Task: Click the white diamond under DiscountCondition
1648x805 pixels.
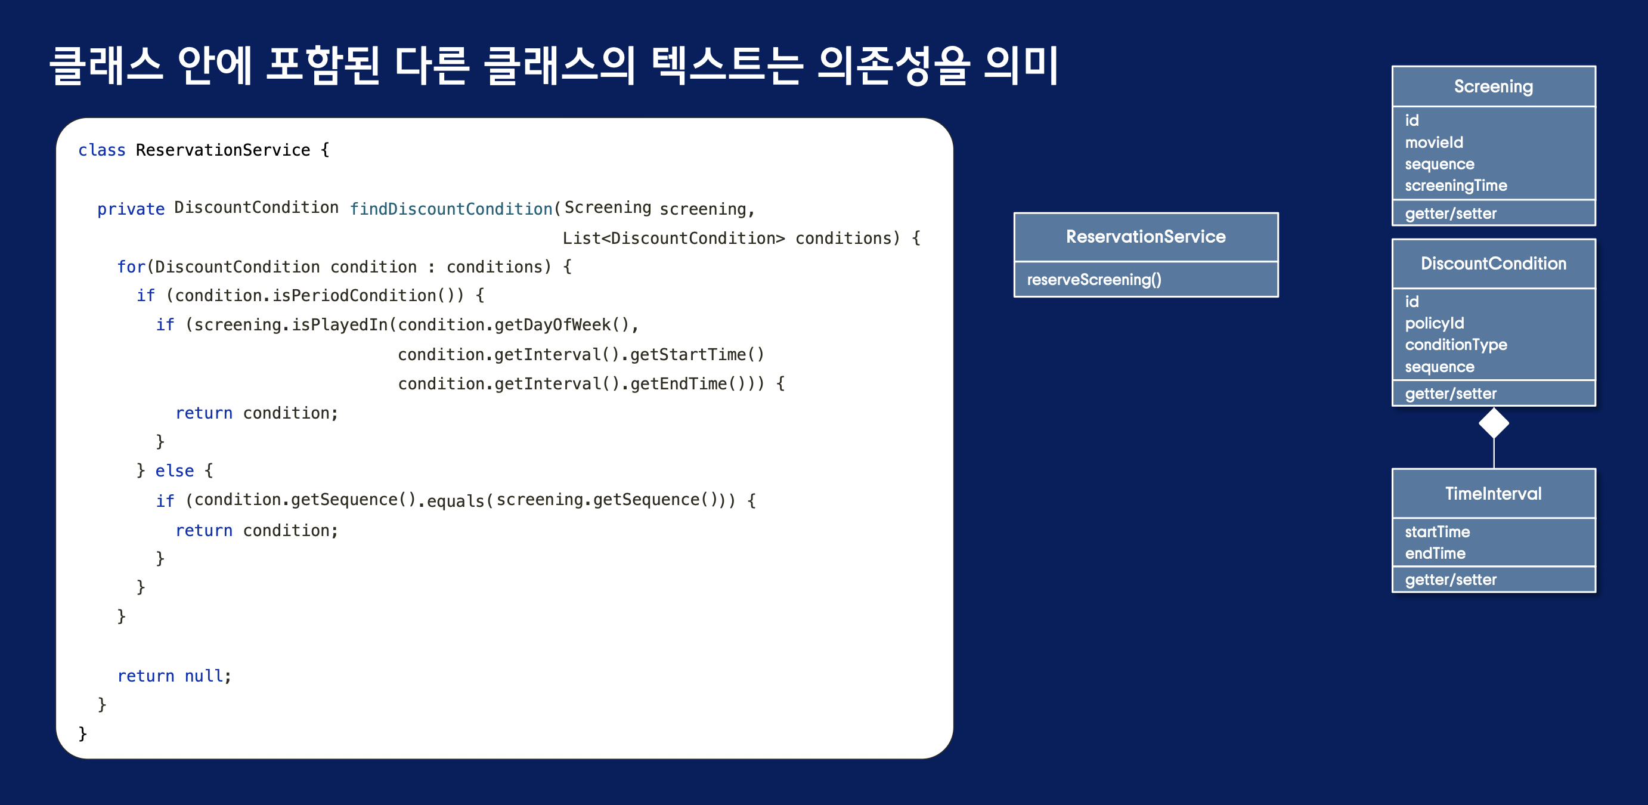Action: (x=1494, y=423)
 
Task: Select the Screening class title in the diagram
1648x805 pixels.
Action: (x=1493, y=86)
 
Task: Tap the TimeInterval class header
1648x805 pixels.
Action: (x=1493, y=493)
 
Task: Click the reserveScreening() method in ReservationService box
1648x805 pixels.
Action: (x=1094, y=280)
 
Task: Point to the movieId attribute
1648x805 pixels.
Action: (x=1434, y=142)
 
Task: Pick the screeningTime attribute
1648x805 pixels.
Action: (x=1455, y=185)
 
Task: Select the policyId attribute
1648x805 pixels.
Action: (x=1435, y=323)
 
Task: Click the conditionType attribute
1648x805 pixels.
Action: (x=1455, y=345)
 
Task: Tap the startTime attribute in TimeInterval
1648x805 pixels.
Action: (x=1437, y=532)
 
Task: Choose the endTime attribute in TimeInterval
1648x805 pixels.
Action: (x=1435, y=553)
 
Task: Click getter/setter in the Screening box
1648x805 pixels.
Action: (x=1450, y=213)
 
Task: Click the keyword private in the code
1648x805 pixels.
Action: (x=131, y=209)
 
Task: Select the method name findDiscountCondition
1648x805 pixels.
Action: (x=451, y=209)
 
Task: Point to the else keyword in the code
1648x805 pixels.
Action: (x=174, y=471)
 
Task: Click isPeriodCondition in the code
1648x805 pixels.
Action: (x=354, y=296)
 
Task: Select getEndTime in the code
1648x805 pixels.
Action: (x=678, y=384)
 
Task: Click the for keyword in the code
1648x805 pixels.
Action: (x=131, y=267)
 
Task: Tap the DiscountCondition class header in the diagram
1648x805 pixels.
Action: (x=1493, y=264)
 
